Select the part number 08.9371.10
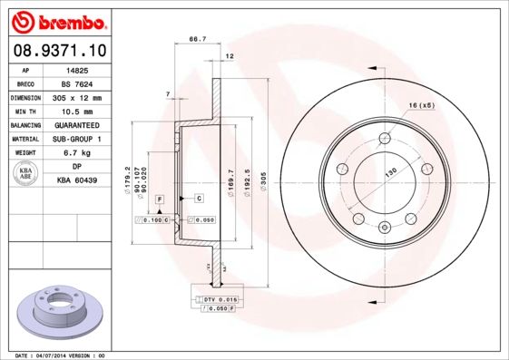[58, 51]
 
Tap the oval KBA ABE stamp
[27, 174]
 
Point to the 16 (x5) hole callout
[421, 106]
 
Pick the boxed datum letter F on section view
[160, 198]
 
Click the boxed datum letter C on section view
[198, 198]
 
